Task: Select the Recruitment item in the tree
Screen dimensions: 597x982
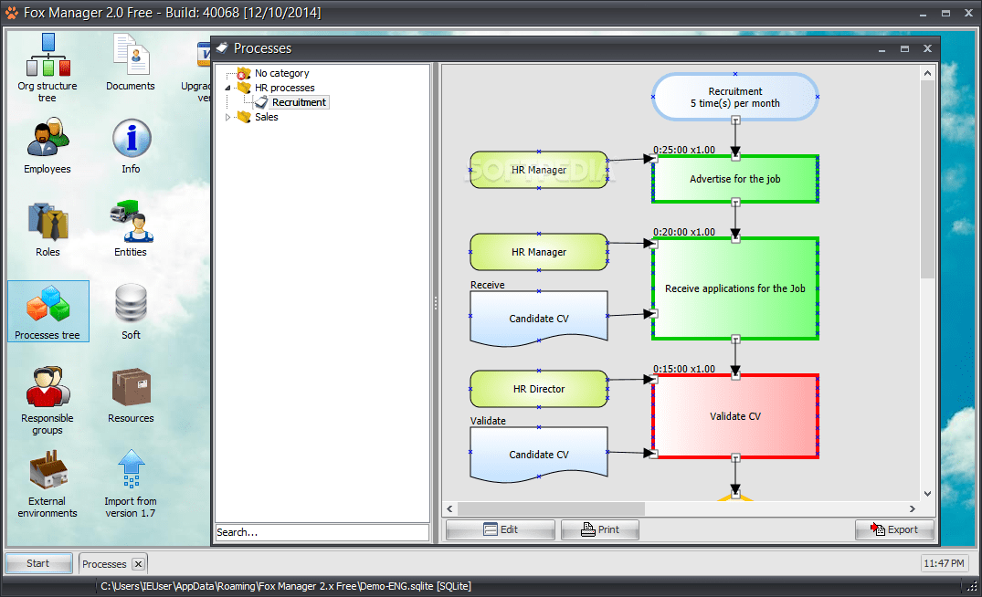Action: click(299, 102)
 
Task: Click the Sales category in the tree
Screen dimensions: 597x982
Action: click(266, 117)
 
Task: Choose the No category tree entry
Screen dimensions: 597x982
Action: click(281, 73)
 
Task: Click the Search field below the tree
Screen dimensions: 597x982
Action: click(322, 531)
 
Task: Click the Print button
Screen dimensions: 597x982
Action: click(599, 529)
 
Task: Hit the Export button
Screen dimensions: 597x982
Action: click(894, 529)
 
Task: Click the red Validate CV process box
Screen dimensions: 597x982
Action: click(735, 416)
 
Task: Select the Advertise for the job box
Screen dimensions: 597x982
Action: click(735, 179)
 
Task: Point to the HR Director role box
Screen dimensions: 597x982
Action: click(539, 389)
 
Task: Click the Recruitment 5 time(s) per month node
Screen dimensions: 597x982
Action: click(735, 97)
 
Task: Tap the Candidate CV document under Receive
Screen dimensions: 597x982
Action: click(539, 319)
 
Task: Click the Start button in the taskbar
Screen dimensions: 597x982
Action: click(38, 563)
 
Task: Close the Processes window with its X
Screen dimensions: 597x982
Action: click(927, 48)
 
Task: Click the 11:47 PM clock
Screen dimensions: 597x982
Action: click(943, 563)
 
